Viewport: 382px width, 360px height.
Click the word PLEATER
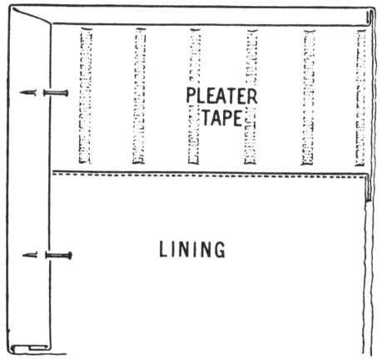[221, 96]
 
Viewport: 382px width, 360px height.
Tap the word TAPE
[222, 117]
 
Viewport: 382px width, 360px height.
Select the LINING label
[192, 249]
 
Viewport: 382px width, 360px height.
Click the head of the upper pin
[66, 93]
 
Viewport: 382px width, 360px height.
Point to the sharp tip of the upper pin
[21, 92]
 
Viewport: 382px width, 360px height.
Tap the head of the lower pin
[70, 255]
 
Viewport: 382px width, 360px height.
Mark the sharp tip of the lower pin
[23, 255]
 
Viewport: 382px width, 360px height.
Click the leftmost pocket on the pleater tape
[85, 96]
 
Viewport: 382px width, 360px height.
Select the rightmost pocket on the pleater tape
[361, 97]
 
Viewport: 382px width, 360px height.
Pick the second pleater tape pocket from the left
[139, 96]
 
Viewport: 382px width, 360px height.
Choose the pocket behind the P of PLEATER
[195, 96]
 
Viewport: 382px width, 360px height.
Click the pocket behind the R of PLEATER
[251, 96]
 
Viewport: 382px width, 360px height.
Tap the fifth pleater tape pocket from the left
[308, 97]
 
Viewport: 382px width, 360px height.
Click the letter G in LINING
[219, 249]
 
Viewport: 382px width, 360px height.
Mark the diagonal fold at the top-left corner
[31, 16]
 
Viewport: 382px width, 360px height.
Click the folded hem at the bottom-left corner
[31, 348]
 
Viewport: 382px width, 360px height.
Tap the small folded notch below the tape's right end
[369, 188]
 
